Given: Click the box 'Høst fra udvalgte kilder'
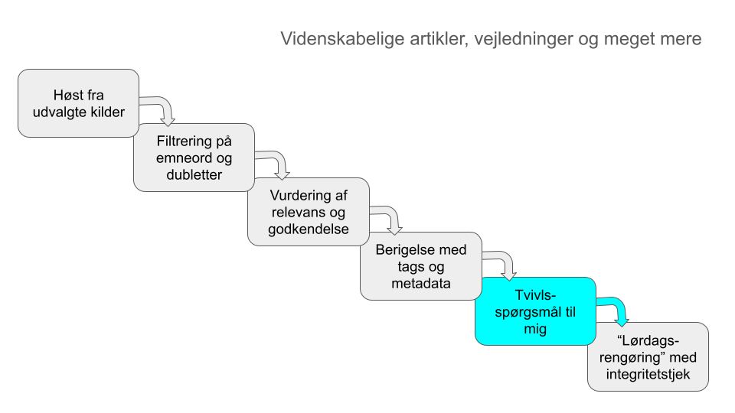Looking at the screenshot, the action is tap(78, 103).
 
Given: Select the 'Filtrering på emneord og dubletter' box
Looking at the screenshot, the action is tap(194, 158).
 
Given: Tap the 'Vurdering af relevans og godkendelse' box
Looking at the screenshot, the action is tap(309, 212).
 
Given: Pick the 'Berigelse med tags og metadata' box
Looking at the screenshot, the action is tap(421, 266).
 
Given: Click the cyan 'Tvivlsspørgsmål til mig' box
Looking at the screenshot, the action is tap(535, 311).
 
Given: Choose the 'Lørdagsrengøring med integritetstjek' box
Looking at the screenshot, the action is tap(648, 357).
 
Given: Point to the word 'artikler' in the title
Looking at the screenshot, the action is tap(439, 38).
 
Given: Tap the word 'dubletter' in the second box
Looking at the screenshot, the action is tap(194, 174).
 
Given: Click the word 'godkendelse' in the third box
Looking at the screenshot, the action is tap(309, 229).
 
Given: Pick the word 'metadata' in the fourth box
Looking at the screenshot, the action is tap(421, 283).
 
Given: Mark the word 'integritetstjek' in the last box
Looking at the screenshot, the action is tap(648, 374).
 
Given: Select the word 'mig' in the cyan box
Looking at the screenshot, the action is tap(535, 329).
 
